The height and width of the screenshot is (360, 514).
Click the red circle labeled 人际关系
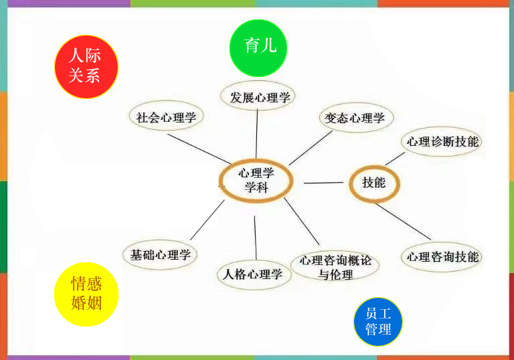(86, 66)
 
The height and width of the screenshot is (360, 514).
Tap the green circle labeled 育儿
(258, 47)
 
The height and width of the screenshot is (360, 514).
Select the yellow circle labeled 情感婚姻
(86, 294)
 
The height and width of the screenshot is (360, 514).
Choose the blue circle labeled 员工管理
(378, 322)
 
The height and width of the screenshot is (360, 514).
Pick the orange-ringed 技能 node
(374, 182)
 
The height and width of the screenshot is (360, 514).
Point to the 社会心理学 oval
(166, 118)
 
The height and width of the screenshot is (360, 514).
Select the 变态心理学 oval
(355, 118)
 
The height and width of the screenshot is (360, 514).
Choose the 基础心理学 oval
(160, 254)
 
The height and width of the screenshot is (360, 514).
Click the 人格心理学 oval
(254, 274)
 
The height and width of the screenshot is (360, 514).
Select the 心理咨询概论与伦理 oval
(335, 266)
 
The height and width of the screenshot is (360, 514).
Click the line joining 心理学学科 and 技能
(324, 183)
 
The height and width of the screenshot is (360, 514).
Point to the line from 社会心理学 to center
(197, 148)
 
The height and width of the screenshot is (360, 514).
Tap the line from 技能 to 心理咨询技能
(402, 221)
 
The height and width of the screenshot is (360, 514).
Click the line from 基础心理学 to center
(207, 220)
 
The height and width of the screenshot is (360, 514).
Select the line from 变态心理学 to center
(311, 147)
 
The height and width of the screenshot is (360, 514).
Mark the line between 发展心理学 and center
(257, 134)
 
